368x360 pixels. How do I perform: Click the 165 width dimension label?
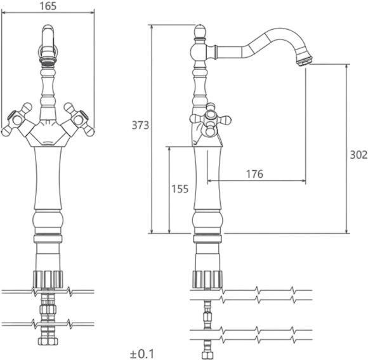pyautogui.click(x=48, y=6)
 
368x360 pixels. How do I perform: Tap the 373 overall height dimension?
pyautogui.click(x=140, y=125)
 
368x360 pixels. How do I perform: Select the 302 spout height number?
pyautogui.click(x=358, y=155)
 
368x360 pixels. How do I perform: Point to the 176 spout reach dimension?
pyautogui.click(x=254, y=174)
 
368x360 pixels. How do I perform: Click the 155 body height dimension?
pyautogui.click(x=180, y=189)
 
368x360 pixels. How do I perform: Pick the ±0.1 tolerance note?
pyautogui.click(x=141, y=354)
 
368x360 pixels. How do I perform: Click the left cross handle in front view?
pyautogui.click(x=16, y=119)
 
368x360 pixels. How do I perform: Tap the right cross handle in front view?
pyautogui.click(x=79, y=119)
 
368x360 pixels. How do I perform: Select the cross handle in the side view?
pyautogui.click(x=210, y=119)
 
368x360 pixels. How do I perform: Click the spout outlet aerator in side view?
pyautogui.click(x=304, y=60)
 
